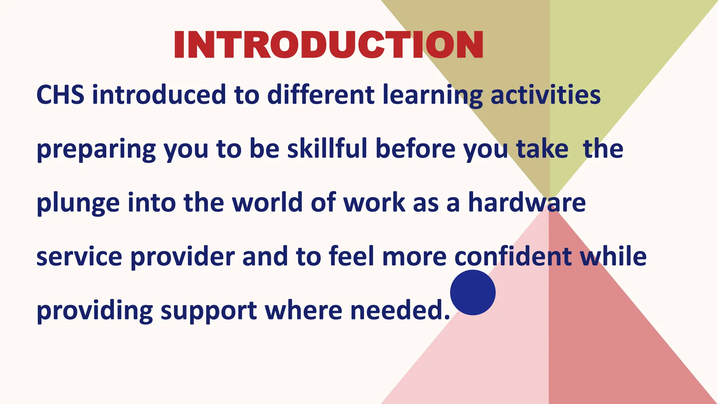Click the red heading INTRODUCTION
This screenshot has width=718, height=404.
pyautogui.click(x=328, y=45)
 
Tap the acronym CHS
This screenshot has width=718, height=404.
pyautogui.click(x=60, y=95)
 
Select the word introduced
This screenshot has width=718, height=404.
pyautogui.click(x=159, y=95)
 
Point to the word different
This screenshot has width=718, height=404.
pyautogui.click(x=321, y=95)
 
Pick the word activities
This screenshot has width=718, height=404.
pyautogui.click(x=546, y=95)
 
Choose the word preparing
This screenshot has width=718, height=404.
pyautogui.click(x=96, y=149)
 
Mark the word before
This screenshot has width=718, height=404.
pyautogui.click(x=416, y=149)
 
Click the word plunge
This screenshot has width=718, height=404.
pyautogui.click(x=78, y=203)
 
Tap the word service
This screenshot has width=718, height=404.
pyautogui.click(x=79, y=257)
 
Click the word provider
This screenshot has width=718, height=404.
pyautogui.click(x=183, y=257)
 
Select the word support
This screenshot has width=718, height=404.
pyautogui.click(x=209, y=311)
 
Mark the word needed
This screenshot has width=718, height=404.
pyautogui.click(x=400, y=311)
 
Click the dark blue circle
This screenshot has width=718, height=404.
pyautogui.click(x=473, y=292)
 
